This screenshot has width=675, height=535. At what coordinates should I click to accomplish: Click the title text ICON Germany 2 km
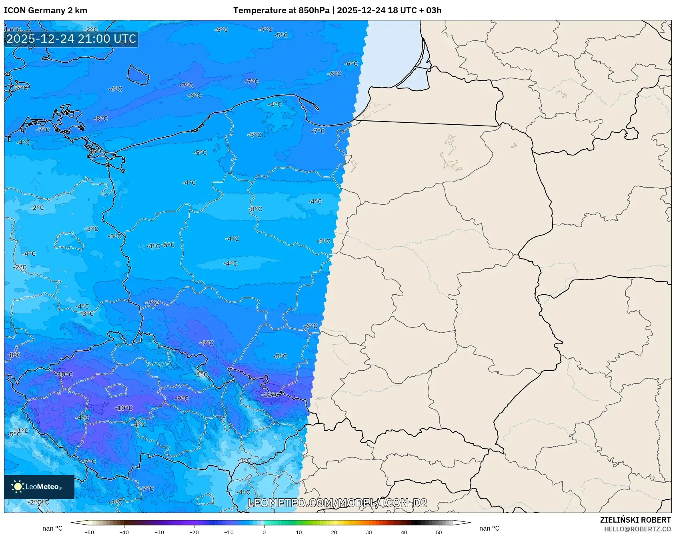point(46,10)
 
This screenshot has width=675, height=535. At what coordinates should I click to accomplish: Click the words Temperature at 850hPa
point(281,10)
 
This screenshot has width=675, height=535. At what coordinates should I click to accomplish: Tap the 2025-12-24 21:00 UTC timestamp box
point(71,39)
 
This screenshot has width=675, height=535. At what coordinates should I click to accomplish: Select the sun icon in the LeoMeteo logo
point(18,487)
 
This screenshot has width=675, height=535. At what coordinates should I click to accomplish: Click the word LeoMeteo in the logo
point(42,487)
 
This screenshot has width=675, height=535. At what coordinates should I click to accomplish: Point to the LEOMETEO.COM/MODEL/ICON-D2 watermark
point(337,503)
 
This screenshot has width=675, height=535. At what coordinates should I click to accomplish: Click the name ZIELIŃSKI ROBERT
point(635,520)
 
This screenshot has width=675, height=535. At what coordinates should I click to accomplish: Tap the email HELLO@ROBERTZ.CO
point(637,529)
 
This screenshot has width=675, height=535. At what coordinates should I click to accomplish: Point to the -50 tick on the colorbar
point(89,532)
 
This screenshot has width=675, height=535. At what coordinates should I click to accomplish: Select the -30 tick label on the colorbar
point(159,532)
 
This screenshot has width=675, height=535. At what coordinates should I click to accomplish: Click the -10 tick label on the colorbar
point(228,532)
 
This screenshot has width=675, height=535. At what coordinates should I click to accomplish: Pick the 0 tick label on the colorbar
point(264,532)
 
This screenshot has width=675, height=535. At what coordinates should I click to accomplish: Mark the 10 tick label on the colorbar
point(299,532)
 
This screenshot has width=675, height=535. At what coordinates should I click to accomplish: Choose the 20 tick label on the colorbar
point(334,532)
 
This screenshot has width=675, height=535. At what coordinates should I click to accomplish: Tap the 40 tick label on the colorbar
point(404,532)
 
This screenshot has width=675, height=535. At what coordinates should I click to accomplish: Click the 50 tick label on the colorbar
point(439,532)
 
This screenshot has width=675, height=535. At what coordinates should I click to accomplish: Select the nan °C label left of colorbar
point(52,528)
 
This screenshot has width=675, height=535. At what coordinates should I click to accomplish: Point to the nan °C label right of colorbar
point(489,528)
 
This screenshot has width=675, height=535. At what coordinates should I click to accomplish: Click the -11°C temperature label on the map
point(270,395)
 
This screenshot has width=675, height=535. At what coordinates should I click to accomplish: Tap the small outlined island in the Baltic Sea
point(138,75)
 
